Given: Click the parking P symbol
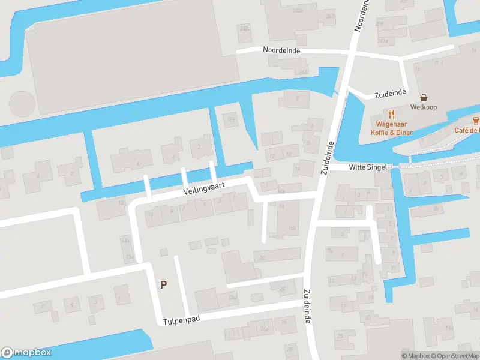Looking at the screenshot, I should point(163,285).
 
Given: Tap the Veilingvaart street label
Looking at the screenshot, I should point(205,188).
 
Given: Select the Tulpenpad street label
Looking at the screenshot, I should point(181,320).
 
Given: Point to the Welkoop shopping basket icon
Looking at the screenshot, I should point(424,97).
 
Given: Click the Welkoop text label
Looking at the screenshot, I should point(423,107).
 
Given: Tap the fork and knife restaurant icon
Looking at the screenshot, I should point(391,113).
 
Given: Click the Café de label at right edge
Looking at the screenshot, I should point(466,130).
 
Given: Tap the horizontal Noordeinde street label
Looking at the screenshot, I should point(281,51).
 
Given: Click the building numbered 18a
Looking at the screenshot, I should point(292,227).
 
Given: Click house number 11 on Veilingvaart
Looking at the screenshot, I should point(151,214).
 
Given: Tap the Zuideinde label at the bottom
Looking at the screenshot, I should point(307,307).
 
